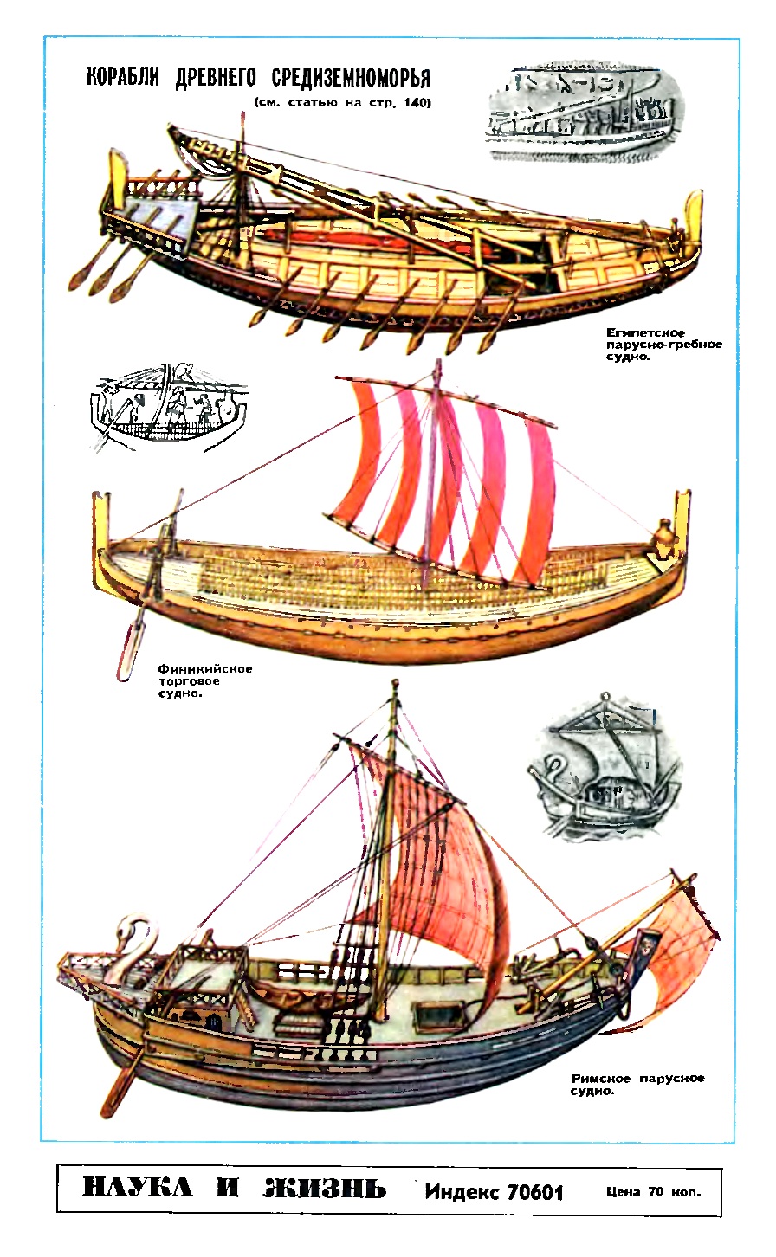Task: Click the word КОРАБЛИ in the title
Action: click(x=122, y=77)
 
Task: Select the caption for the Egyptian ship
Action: click(x=663, y=344)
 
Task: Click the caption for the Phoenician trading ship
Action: click(x=204, y=680)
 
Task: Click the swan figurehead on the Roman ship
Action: click(x=135, y=948)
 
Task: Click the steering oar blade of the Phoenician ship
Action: click(x=128, y=651)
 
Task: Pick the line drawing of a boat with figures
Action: click(x=169, y=408)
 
